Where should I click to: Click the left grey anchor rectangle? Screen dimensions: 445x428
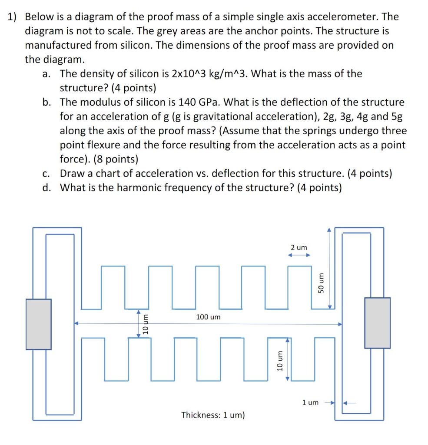[38, 324]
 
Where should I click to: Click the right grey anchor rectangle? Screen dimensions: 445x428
[377, 322]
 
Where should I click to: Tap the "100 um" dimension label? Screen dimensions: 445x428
[208, 317]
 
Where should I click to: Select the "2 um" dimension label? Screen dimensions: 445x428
[299, 247]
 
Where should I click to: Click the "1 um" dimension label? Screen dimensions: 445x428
[310, 402]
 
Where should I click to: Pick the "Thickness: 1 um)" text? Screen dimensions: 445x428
[213, 415]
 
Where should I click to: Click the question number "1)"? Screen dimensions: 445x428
[12, 17]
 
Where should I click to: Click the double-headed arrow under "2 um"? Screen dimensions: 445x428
[299, 256]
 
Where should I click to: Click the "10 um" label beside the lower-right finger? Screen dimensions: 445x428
[280, 360]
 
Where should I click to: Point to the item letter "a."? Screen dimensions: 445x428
[48, 73]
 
